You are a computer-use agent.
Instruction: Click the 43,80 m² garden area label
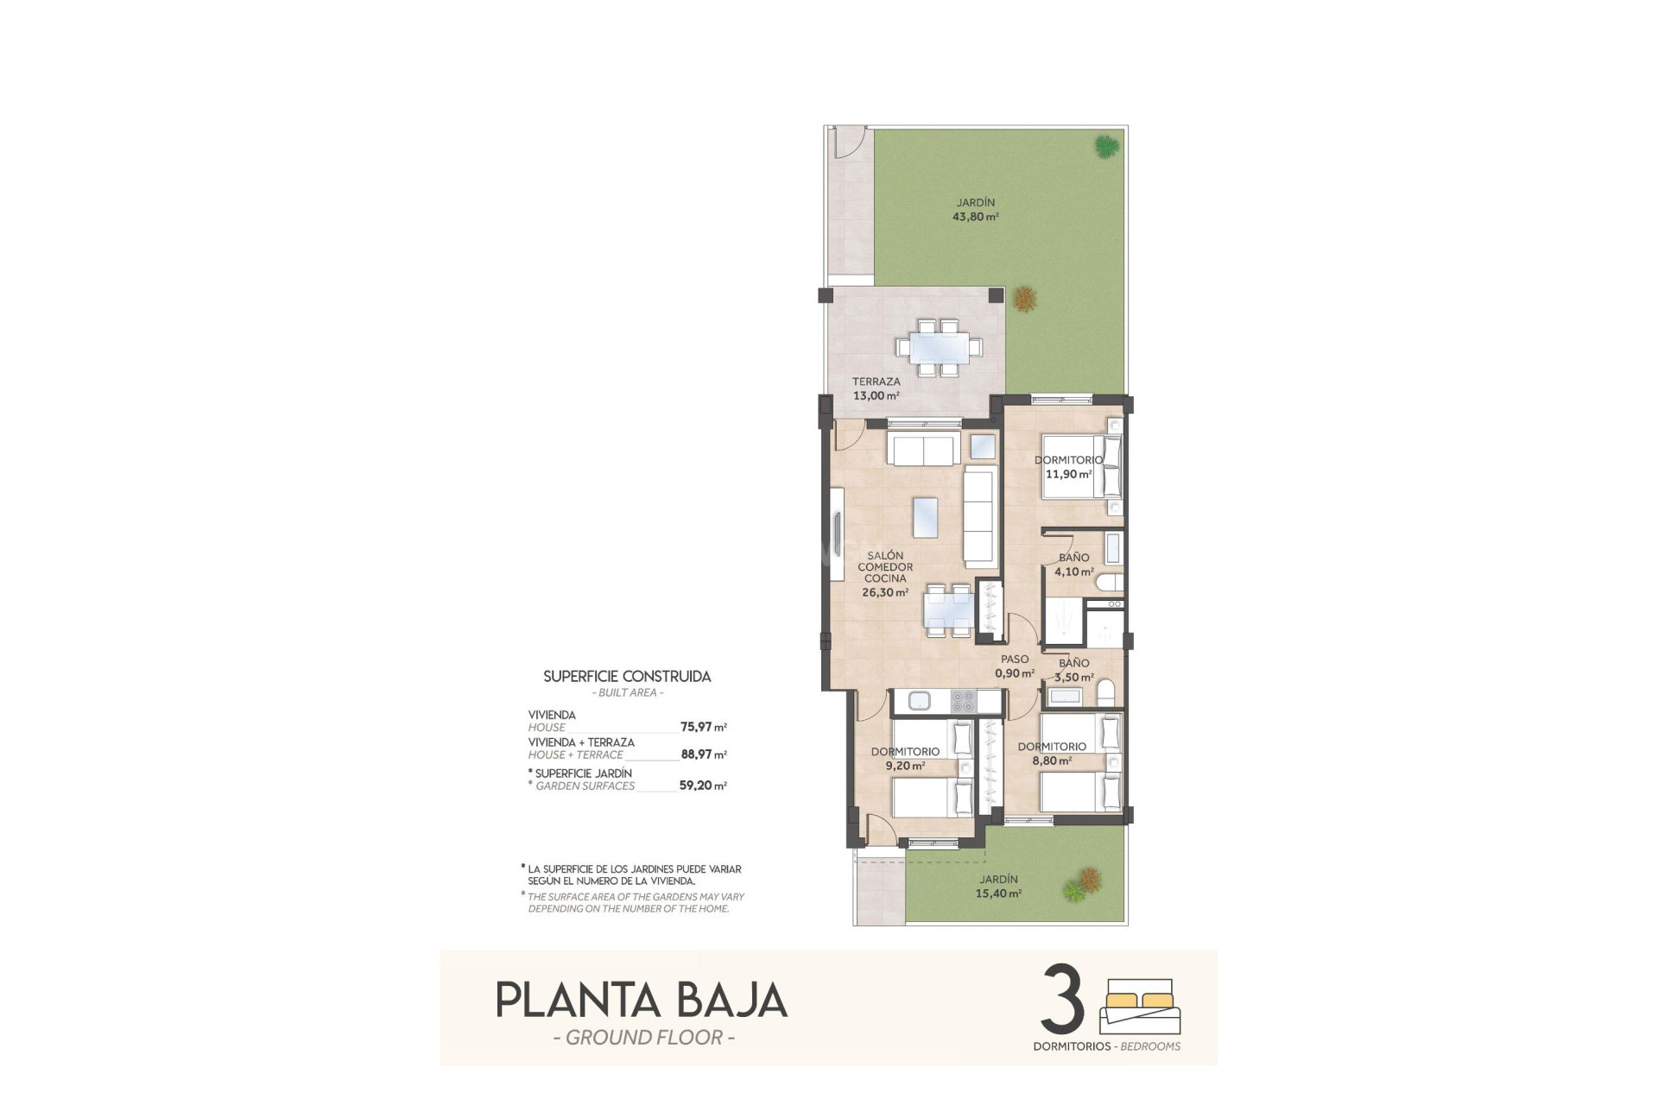click(x=975, y=218)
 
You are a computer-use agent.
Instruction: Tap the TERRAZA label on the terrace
click(x=876, y=382)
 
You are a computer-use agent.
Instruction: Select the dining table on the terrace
click(x=938, y=348)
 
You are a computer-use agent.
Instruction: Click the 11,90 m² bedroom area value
click(x=1068, y=474)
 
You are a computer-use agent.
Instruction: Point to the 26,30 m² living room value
click(x=884, y=593)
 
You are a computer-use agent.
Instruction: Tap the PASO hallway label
click(x=1015, y=660)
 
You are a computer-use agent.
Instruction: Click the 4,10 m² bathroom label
click(x=1073, y=571)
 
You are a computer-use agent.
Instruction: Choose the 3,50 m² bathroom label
click(x=1073, y=678)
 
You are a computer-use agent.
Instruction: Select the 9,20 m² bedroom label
click(x=905, y=766)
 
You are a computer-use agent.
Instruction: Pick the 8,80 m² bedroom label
click(x=1052, y=761)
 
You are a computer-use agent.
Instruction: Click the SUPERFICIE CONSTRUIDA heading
click(x=627, y=677)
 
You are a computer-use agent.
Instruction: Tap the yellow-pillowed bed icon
click(x=1140, y=1006)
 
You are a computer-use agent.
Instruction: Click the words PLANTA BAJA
click(x=641, y=1001)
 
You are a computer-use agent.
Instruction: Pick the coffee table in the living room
click(x=925, y=517)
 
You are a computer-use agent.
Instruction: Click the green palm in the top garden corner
click(x=1107, y=147)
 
